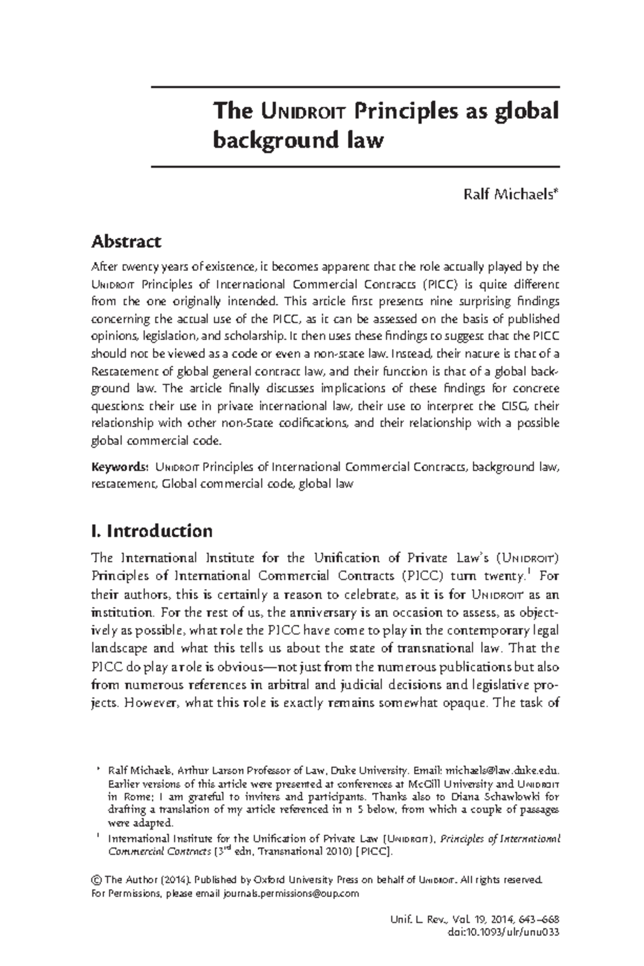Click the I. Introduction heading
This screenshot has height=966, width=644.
(152, 531)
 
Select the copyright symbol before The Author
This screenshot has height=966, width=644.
(97, 881)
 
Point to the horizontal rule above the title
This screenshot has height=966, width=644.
(355, 87)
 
